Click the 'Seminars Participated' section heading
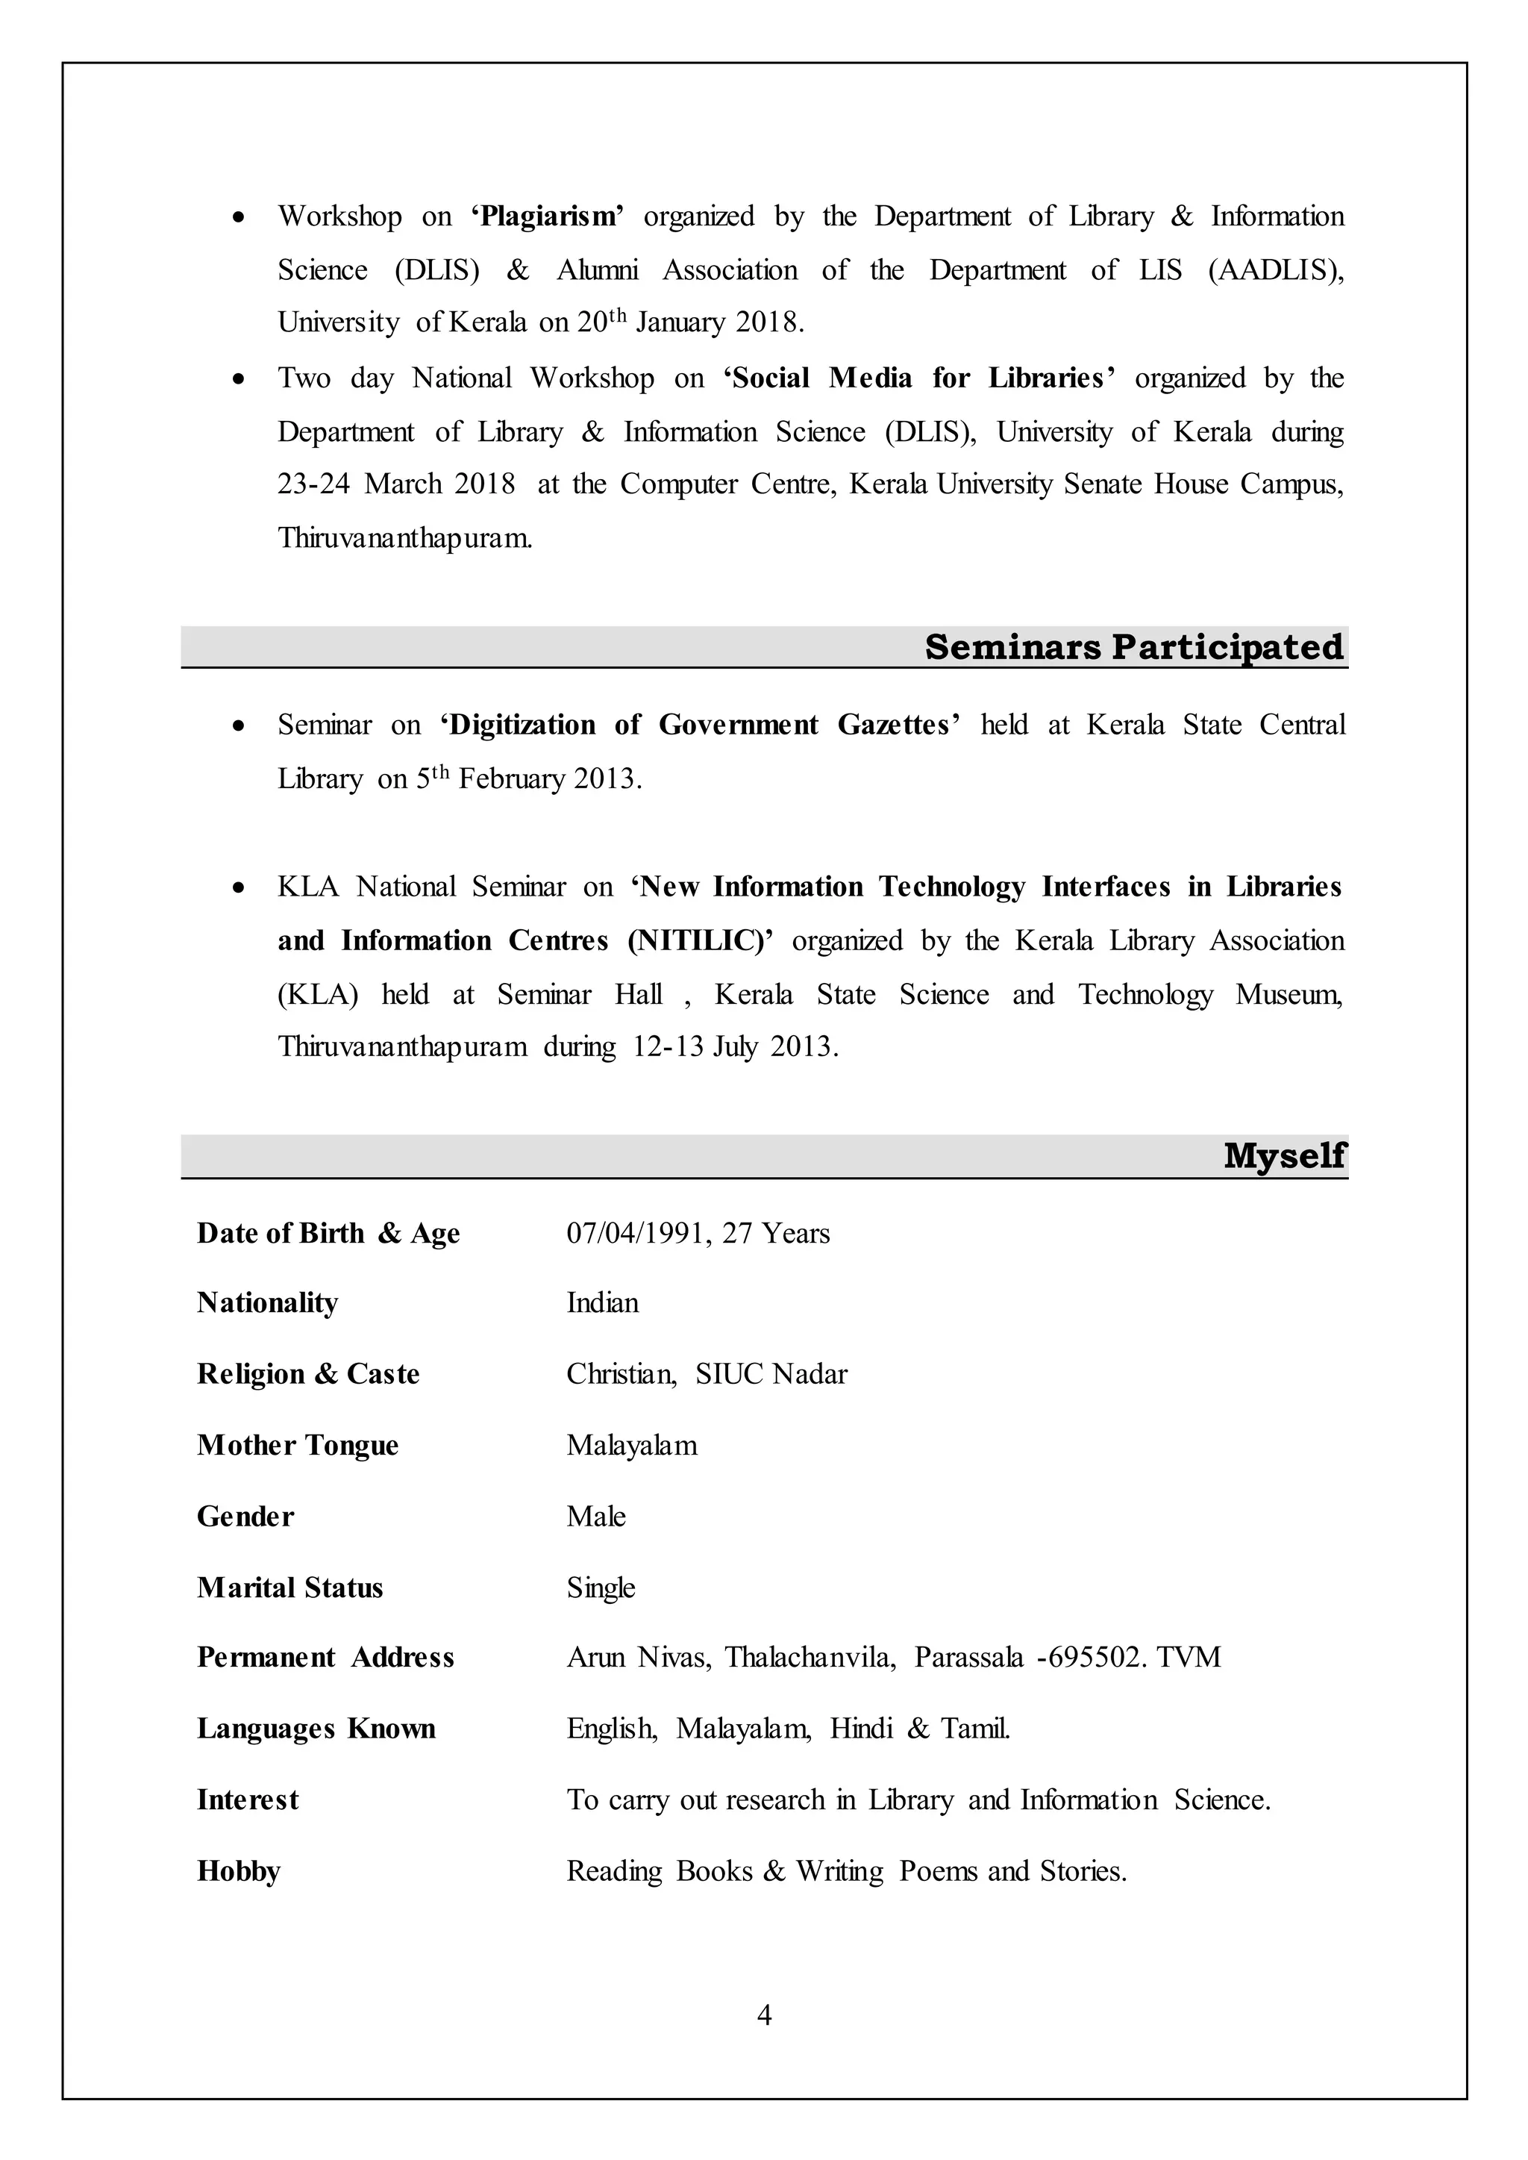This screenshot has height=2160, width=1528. pyautogui.click(x=1134, y=648)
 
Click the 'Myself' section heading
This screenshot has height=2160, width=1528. pyautogui.click(x=1283, y=1156)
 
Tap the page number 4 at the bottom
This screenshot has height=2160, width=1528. pyautogui.click(x=764, y=2015)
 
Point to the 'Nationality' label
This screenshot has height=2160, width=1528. pyautogui.click(x=267, y=1303)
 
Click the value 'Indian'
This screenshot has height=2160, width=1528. pyautogui.click(x=602, y=1303)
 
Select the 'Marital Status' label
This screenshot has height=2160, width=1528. pyautogui.click(x=289, y=1589)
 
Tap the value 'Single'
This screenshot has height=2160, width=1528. pyautogui.click(x=601, y=1589)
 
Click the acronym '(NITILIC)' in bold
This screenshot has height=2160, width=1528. pyautogui.click(x=700, y=941)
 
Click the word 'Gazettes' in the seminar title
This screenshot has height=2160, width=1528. pyautogui.click(x=898, y=725)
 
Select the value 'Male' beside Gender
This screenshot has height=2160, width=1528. pyautogui.click(x=595, y=1517)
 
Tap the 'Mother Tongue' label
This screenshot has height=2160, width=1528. pyautogui.click(x=298, y=1446)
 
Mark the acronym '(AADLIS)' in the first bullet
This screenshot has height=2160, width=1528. pyautogui.click(x=1276, y=271)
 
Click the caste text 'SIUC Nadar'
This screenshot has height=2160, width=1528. pyautogui.click(x=771, y=1374)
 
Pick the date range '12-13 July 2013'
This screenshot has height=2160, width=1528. pyautogui.click(x=734, y=1047)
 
